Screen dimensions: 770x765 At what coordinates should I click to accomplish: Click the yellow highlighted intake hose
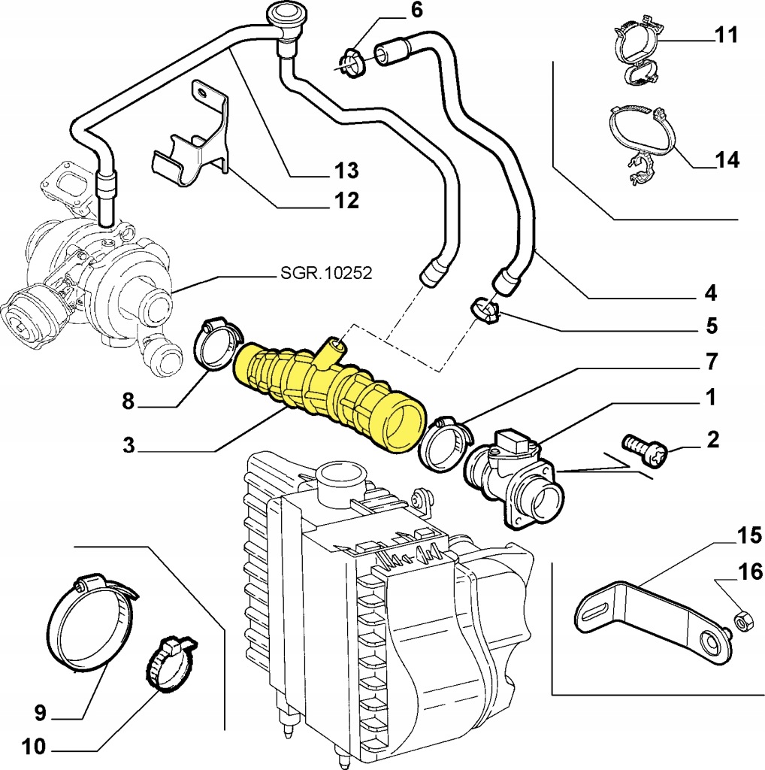(x=331, y=391)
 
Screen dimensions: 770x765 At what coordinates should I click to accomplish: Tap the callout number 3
(x=130, y=446)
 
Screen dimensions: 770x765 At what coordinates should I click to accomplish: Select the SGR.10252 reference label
(x=323, y=273)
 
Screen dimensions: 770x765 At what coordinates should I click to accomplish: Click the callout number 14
(x=727, y=159)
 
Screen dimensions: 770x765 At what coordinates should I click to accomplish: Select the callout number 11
(x=726, y=36)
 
